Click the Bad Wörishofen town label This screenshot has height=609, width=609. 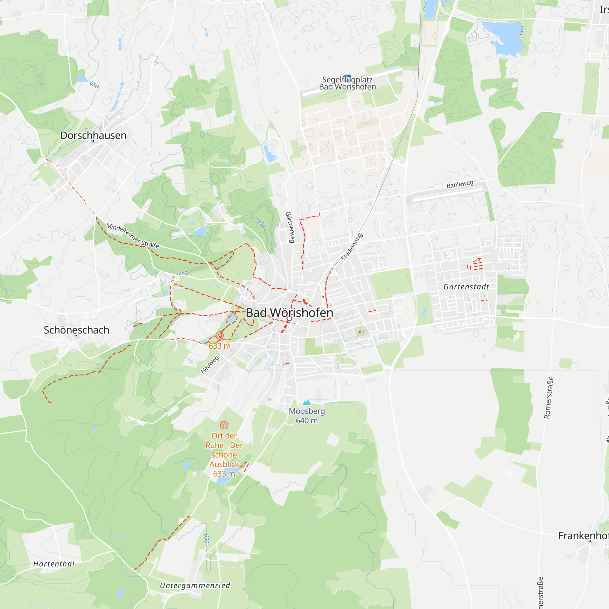[x=289, y=313]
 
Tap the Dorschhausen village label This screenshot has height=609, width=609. [x=93, y=135]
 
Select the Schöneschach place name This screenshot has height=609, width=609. [x=76, y=330]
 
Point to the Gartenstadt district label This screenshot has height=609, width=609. [x=466, y=287]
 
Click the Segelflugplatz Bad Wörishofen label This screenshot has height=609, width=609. [x=347, y=83]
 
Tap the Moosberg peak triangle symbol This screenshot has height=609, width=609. [x=307, y=402]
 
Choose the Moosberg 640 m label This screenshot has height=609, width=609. [x=307, y=416]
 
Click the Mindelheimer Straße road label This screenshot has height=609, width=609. [x=132, y=235]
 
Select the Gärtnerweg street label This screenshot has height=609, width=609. [x=290, y=227]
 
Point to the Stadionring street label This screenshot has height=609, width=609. [x=352, y=247]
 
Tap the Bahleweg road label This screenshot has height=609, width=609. [x=460, y=184]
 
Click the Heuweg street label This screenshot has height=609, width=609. [x=210, y=365]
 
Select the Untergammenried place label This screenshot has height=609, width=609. [x=195, y=585]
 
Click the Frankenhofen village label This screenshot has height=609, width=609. [x=583, y=536]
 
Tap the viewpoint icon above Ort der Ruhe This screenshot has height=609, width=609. [x=224, y=425]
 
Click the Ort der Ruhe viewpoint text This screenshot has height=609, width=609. [x=224, y=455]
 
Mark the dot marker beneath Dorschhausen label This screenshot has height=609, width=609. [x=93, y=141]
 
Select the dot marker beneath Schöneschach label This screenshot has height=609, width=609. [x=76, y=335]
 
